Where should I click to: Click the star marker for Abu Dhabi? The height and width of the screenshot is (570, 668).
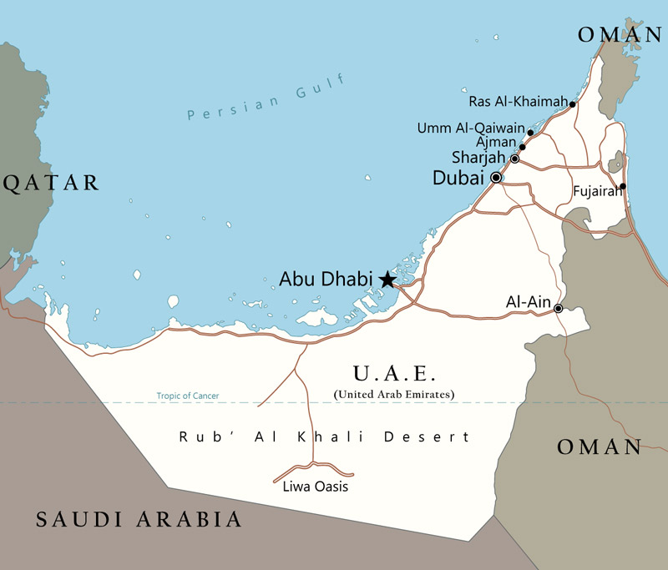point(387,280)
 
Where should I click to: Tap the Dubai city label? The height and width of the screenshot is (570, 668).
point(458,178)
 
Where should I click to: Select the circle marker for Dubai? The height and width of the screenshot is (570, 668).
point(496,178)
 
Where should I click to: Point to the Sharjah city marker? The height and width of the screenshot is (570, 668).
point(515,159)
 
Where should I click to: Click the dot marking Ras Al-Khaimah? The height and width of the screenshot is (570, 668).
point(572,104)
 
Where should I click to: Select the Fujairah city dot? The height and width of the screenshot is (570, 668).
point(622,186)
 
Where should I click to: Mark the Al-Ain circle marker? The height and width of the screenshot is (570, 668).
point(559,309)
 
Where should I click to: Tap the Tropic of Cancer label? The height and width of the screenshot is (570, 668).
point(188,396)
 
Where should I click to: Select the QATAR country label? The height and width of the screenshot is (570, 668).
point(51,184)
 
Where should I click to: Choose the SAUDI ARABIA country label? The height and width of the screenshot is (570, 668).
point(139,520)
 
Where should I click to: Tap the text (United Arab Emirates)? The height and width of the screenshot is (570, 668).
point(394,393)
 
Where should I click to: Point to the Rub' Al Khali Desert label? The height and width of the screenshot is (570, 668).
point(325,436)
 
